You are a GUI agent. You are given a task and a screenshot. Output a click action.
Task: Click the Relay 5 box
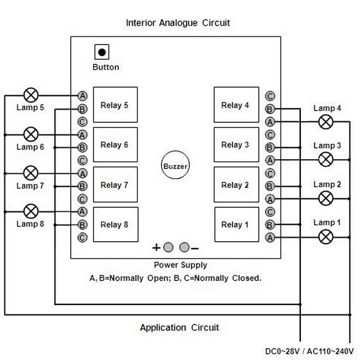115,105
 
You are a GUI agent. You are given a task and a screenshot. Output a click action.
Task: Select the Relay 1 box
235,225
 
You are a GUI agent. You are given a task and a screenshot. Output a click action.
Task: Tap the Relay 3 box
235,145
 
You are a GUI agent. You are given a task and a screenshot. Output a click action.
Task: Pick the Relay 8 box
115,225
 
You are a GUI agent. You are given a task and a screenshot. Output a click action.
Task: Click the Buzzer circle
175,166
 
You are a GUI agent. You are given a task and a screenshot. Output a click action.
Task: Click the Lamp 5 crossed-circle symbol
31,94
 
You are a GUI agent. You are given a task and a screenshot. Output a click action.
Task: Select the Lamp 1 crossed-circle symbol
327,236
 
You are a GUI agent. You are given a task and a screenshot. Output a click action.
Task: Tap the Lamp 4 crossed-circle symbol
327,121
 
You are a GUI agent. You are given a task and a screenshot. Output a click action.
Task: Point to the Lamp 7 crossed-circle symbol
31,173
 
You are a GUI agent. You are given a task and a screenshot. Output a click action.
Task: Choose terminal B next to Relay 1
270,225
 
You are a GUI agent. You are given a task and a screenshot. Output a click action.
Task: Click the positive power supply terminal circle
169,246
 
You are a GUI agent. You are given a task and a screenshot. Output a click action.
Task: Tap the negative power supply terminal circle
184,246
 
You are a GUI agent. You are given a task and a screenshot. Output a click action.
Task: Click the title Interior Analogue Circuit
178,23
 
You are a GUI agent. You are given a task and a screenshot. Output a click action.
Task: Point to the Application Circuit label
179,327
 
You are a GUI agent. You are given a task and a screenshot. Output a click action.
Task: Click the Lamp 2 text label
327,184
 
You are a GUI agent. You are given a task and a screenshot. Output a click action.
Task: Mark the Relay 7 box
115,185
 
